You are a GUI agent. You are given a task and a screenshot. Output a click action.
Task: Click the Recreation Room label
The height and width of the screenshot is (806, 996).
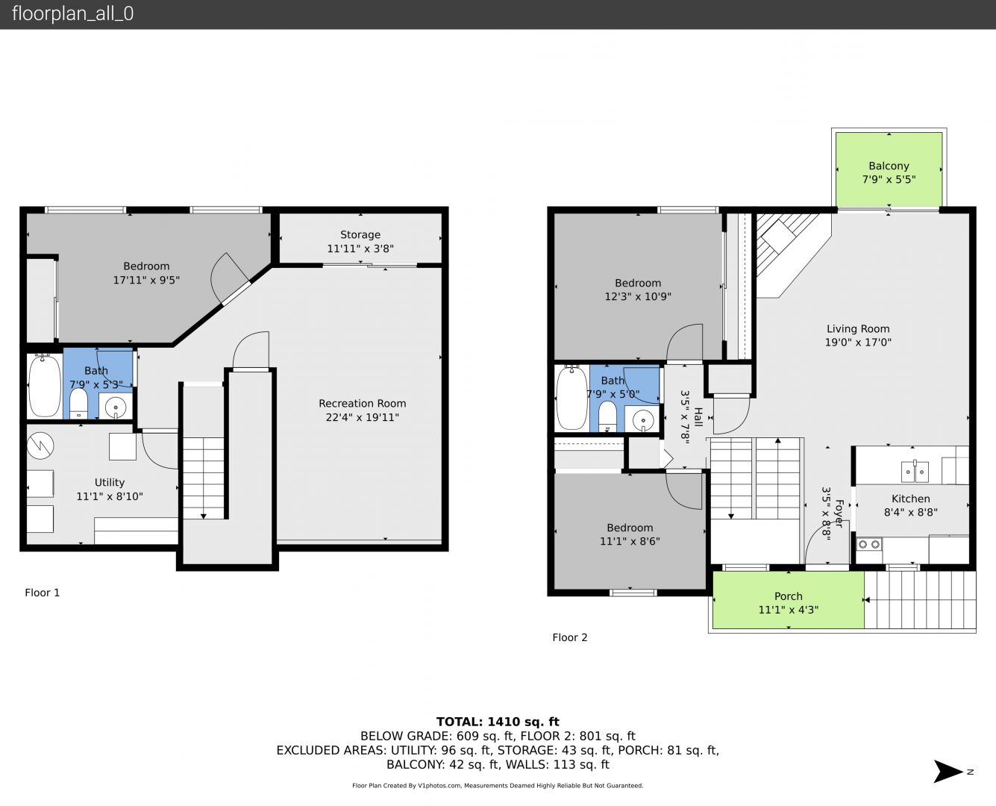(x=363, y=403)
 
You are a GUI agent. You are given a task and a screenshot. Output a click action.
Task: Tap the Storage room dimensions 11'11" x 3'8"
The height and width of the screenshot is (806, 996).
(x=360, y=249)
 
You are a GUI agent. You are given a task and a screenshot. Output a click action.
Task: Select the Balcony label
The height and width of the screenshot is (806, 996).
(x=889, y=166)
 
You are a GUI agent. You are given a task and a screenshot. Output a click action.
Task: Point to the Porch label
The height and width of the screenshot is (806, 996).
(x=789, y=596)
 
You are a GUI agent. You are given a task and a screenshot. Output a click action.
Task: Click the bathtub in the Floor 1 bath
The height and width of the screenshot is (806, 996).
(x=45, y=386)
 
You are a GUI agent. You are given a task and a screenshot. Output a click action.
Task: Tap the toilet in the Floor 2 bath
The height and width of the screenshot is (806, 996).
(x=607, y=415)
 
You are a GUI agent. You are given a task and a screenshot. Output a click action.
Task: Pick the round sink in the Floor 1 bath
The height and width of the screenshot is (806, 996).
(x=116, y=407)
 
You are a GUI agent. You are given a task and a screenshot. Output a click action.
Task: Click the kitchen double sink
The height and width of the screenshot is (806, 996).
(x=915, y=472)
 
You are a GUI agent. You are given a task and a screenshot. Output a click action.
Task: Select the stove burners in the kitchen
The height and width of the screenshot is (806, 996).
(x=869, y=544)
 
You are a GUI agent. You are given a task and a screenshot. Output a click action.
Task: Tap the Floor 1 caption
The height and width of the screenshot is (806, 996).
(x=42, y=593)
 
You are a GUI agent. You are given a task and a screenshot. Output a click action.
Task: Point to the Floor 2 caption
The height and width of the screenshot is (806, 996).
(x=569, y=637)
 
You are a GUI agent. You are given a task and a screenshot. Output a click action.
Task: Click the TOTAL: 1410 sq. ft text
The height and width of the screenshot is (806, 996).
(x=498, y=722)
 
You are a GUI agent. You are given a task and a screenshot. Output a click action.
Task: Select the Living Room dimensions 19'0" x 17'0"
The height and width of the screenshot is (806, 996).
(x=858, y=342)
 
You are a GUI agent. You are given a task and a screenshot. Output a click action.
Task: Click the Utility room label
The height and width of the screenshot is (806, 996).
(x=110, y=482)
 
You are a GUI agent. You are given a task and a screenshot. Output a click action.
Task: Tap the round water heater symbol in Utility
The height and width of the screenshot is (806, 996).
(x=40, y=446)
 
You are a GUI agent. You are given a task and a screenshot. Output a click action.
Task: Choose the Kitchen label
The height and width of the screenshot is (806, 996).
(x=910, y=499)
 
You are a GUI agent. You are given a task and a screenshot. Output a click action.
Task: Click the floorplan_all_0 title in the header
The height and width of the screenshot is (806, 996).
(x=73, y=13)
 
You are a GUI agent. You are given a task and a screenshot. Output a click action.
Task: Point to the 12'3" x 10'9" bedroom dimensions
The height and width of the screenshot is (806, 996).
(x=638, y=296)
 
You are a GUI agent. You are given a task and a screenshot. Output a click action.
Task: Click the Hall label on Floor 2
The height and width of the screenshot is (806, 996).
(x=698, y=416)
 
